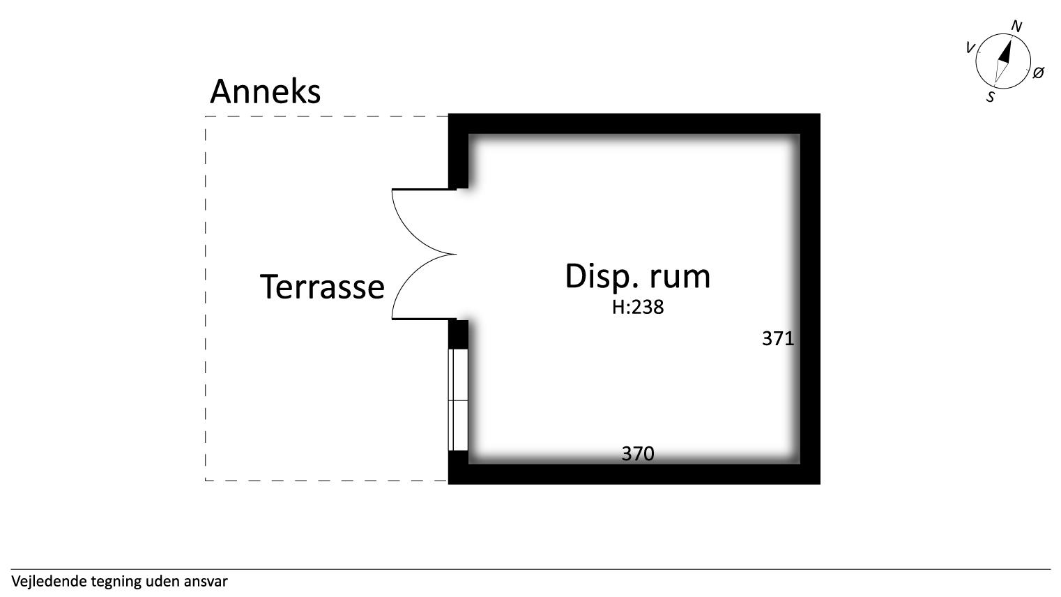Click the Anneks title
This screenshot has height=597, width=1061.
(x=265, y=91)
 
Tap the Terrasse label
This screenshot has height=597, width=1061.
(x=322, y=286)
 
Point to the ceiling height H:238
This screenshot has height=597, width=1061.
(x=638, y=308)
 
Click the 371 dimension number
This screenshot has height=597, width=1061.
(x=778, y=339)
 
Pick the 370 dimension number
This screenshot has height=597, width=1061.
(x=638, y=454)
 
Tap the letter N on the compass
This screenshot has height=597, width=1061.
(x=1016, y=27)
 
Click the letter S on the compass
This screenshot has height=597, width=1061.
(x=991, y=97)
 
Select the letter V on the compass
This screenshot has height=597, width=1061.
(x=970, y=48)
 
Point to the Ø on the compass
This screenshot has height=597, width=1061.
(x=1038, y=73)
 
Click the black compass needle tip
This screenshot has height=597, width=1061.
(x=1010, y=39)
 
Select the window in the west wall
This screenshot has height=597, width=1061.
(x=458, y=400)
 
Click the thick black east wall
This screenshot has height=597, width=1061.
(x=810, y=298)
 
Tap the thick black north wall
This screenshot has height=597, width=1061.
(x=634, y=123)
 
